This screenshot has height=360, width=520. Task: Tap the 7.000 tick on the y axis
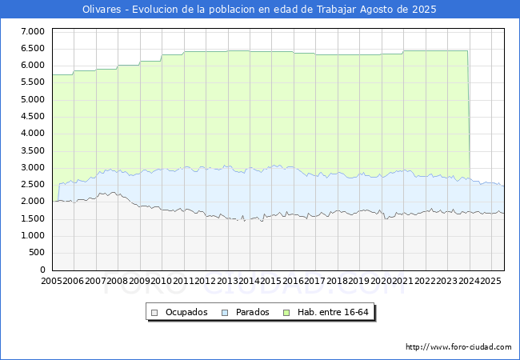pos(33,31)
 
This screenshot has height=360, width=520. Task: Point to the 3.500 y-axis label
pos(33,150)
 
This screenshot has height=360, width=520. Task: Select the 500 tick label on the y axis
pos(38,253)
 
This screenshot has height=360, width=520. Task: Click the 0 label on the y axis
pos(42,270)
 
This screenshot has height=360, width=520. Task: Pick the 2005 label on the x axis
pos(51,281)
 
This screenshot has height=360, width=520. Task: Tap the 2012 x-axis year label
pos(205,281)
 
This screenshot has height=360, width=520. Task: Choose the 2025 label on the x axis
pos(490,281)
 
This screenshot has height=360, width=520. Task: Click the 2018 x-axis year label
pos(337,281)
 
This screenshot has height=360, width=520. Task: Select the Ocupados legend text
pos(186,312)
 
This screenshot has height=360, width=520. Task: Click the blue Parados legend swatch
pos(225,313)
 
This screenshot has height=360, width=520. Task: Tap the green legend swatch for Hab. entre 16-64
pos(286,313)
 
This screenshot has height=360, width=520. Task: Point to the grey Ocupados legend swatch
pos(154,313)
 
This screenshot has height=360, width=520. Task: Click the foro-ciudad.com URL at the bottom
pos(458,347)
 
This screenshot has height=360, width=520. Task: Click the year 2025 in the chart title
pos(424,10)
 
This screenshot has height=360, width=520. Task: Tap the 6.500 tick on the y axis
pos(33,48)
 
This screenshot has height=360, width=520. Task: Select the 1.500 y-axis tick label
pos(33,218)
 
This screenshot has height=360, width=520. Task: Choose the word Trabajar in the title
pos(336,10)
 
